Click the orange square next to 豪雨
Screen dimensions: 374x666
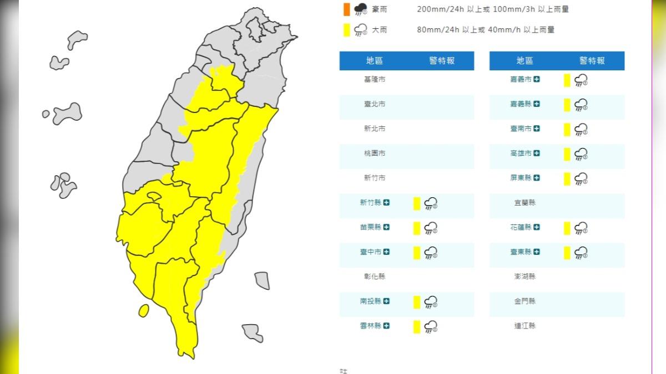coord(346,9)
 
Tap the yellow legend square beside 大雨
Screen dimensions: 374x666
coord(346,30)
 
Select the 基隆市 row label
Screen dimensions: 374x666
coord(375,79)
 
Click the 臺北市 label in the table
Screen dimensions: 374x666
coord(375,104)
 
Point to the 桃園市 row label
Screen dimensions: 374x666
coord(375,153)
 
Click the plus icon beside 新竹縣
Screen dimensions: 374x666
coord(387,203)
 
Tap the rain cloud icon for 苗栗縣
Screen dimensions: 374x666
coord(431,228)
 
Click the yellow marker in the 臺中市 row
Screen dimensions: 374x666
coord(417,253)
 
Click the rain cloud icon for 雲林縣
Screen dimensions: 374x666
coord(431,327)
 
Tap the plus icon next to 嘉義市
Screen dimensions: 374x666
coord(537,79)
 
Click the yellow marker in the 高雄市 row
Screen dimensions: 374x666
coord(567,154)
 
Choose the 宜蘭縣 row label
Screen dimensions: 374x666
coord(524,203)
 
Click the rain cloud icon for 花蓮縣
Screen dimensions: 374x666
coord(581,228)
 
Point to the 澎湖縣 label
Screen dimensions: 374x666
coord(524,276)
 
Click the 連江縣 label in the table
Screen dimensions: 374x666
coord(524,326)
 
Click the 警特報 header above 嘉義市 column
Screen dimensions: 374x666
coord(592,61)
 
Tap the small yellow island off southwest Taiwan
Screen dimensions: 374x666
coord(143,310)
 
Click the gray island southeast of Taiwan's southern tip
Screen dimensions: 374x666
coord(253,332)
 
